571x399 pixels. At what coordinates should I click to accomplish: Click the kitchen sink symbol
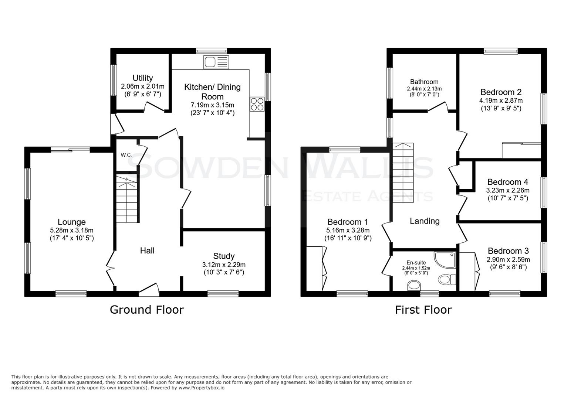coord(216,62)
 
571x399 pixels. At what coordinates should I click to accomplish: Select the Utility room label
coord(143,78)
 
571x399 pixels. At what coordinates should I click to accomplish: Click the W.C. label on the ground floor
coord(126,155)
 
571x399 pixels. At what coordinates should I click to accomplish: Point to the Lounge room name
coord(72,222)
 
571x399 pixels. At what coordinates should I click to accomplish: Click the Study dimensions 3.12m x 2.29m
coord(224,265)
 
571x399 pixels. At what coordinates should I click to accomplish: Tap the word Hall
coord(147,250)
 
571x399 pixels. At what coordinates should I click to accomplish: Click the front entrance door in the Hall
coord(149,290)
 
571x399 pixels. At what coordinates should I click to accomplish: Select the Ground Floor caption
coord(146,310)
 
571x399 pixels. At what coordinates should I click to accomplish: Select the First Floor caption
coord(423,310)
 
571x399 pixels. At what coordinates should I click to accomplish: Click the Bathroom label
coord(424,82)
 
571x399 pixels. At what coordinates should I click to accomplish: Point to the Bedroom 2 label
coord(501,92)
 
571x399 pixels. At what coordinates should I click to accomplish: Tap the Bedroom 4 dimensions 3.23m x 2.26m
coord(507,191)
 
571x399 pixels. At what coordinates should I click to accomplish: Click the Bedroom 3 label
coord(508,251)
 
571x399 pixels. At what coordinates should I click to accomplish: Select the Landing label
coord(425,221)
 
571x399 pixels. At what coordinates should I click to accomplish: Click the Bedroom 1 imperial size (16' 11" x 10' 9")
coord(348,238)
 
